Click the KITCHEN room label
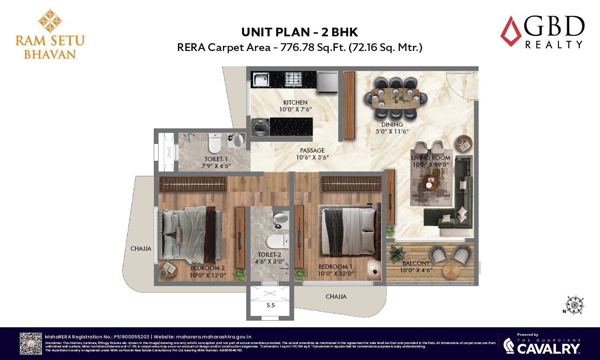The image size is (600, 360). (295, 102)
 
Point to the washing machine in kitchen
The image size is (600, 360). (260, 127)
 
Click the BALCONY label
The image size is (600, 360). (416, 263)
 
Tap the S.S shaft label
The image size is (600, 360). (271, 305)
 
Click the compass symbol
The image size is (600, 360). (575, 305)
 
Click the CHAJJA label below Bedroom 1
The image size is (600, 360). (336, 296)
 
